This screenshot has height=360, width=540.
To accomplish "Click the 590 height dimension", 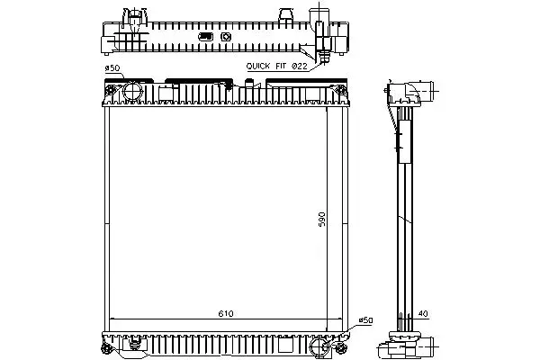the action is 321,219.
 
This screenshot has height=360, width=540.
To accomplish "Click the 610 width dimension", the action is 226,313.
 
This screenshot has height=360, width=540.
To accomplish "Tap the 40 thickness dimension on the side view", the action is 423,314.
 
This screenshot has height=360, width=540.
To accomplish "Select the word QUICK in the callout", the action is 258,66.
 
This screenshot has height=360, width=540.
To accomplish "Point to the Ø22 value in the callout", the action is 300,66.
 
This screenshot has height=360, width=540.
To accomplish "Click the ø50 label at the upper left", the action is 112,68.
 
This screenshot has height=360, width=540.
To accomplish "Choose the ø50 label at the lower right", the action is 365,320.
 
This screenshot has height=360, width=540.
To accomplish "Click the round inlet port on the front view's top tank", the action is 132,91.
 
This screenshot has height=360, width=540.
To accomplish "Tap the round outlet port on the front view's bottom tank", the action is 319,346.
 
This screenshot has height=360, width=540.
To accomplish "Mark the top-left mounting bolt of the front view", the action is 111,91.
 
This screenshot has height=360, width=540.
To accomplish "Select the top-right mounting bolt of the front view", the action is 340,91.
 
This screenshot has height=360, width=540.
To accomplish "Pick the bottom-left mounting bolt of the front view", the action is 106,349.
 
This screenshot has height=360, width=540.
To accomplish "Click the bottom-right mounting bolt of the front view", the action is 340,348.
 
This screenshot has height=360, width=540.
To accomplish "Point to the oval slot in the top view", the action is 205,37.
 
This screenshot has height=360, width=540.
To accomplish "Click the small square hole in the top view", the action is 226,37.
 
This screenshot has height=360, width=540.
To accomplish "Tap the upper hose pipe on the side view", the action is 426,91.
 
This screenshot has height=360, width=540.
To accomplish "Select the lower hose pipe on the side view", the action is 427,346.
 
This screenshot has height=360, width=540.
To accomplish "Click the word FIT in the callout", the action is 281,66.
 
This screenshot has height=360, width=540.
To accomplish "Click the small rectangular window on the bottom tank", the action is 285,345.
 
